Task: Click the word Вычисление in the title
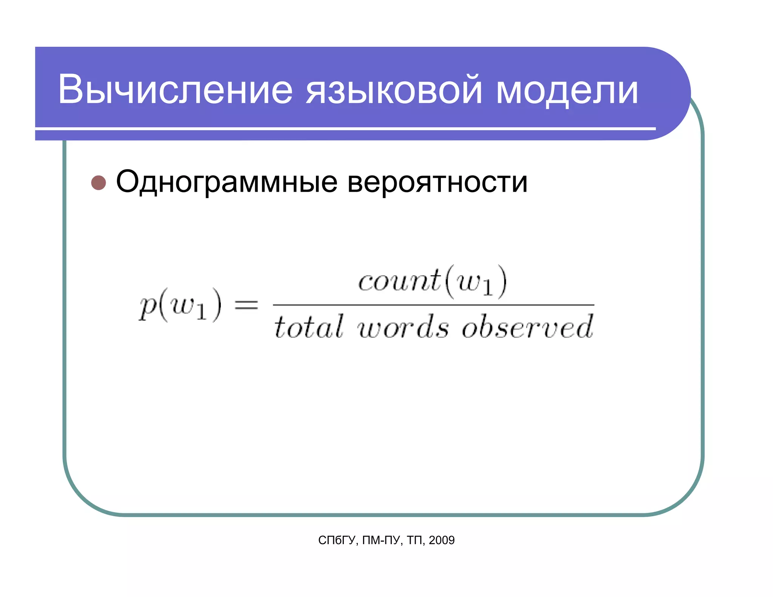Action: point(175,90)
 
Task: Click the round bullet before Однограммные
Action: point(99,183)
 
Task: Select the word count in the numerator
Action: point(399,281)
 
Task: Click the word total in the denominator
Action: point(308,327)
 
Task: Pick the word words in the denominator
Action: point(403,327)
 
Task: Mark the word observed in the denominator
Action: point(527,327)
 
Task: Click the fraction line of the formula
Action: point(433,305)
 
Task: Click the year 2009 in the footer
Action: point(442,540)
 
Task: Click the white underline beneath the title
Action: point(345,129)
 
